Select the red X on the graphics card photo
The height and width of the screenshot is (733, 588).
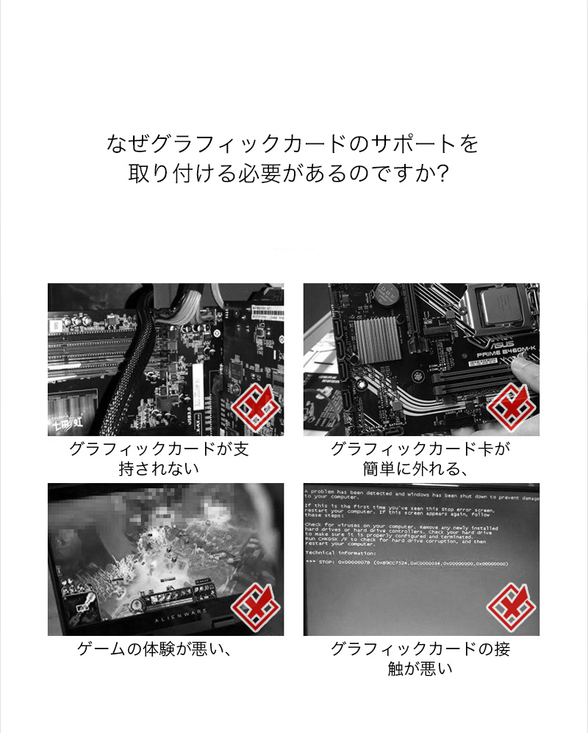[x=256, y=407]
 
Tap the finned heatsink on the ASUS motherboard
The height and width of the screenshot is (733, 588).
[x=376, y=347]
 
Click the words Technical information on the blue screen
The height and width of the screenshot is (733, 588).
[x=340, y=552]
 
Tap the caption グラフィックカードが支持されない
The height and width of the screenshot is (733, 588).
[x=159, y=458]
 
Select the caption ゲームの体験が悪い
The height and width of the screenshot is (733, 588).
[x=155, y=649]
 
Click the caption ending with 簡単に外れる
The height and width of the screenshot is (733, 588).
[x=420, y=458]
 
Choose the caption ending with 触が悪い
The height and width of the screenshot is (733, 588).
[x=420, y=659]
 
